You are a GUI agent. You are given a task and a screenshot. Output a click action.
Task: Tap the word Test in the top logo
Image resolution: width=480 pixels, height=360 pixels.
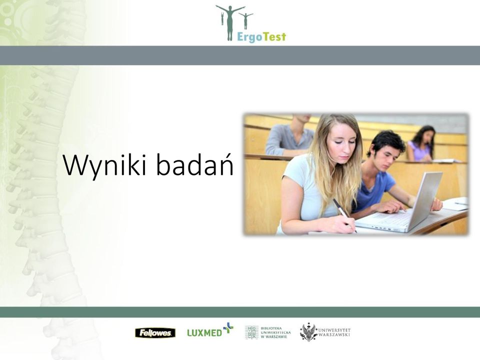pyautogui.click(x=274, y=36)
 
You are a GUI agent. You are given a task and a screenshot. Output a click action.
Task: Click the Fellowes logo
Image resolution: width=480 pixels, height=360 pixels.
pyautogui.click(x=155, y=333)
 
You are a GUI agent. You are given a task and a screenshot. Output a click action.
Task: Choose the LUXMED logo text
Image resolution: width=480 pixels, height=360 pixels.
pyautogui.click(x=204, y=332)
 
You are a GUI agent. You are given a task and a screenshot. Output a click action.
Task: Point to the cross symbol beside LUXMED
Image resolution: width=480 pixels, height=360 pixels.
pyautogui.click(x=228, y=327)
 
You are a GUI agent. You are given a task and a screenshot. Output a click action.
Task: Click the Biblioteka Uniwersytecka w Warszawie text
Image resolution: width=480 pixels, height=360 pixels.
pyautogui.click(x=275, y=332)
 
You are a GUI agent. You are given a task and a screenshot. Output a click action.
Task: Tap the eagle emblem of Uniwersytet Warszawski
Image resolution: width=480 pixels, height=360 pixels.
pyautogui.click(x=308, y=332)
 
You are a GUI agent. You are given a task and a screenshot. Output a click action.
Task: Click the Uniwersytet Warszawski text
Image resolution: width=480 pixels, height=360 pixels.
pyautogui.click(x=334, y=332)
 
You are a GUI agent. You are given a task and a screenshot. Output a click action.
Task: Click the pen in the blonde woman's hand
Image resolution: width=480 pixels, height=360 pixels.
pyautogui.click(x=344, y=215)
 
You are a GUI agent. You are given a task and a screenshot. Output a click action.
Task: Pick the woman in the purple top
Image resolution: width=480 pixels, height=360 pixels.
pyautogui.click(x=421, y=143)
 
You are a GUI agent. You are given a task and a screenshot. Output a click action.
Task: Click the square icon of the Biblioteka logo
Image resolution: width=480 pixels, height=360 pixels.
pyautogui.click(x=251, y=332)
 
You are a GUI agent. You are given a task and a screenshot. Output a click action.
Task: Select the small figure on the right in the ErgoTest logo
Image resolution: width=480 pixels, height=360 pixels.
pyautogui.click(x=245, y=20)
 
